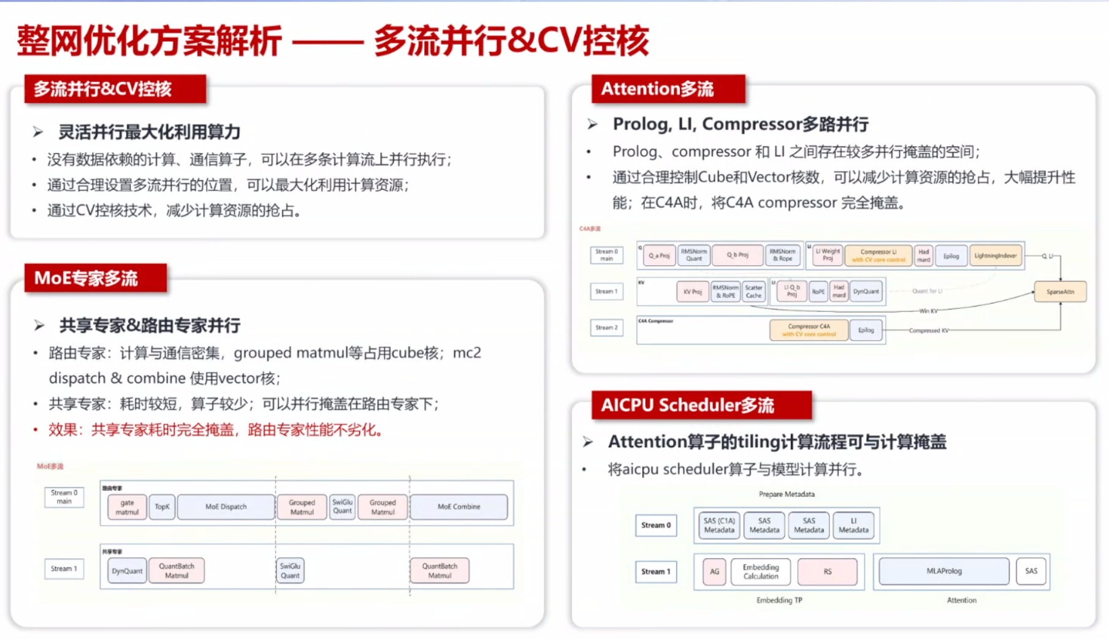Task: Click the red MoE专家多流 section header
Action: coord(96,278)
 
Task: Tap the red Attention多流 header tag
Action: coord(668,89)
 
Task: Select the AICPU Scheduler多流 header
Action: coord(701,405)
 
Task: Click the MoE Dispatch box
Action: coord(226,507)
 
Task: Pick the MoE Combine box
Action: coord(459,507)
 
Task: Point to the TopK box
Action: coord(162,507)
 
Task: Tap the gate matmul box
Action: coord(127,507)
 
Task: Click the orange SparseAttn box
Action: coord(1060,292)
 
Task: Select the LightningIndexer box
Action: coord(995,255)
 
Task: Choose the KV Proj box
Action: coord(692,292)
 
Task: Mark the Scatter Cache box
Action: coord(753,292)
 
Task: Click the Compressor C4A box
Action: coord(809,330)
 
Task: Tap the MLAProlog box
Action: coord(943,571)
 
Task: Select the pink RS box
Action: coord(827,572)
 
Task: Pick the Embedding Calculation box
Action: coord(760,572)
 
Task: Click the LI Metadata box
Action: coord(853,526)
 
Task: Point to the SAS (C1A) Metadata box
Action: coord(718,526)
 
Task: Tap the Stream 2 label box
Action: coord(606,328)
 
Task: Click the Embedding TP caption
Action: coord(779,600)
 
